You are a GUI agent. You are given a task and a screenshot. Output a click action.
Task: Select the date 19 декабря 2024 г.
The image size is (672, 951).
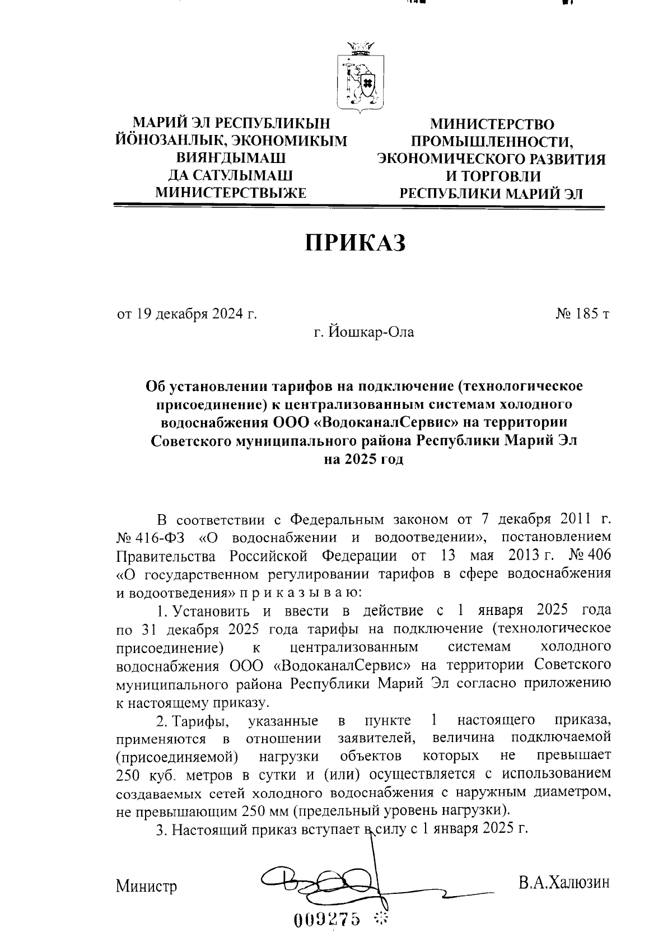tap(187, 313)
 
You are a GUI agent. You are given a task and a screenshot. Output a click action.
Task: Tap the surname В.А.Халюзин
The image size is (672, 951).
tap(563, 884)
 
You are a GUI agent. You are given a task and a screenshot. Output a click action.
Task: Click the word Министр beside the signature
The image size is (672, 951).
tap(147, 887)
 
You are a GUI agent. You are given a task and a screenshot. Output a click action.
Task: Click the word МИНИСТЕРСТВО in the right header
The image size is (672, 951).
tap(492, 124)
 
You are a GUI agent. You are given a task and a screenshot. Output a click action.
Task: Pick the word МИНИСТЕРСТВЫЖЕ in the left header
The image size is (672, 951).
tap(231, 193)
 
